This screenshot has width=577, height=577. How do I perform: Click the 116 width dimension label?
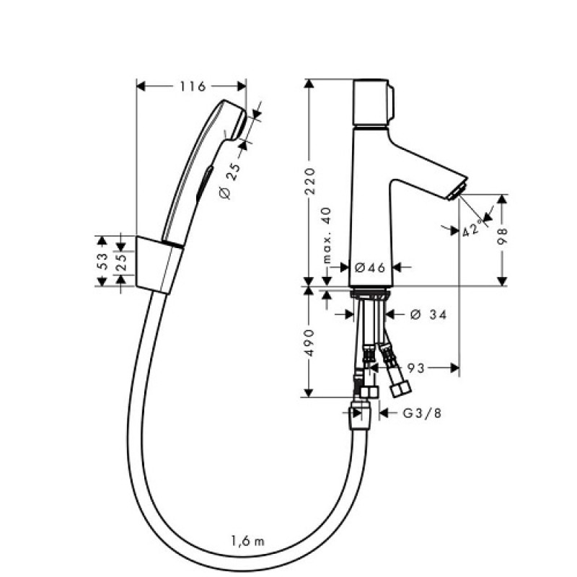point(192,87)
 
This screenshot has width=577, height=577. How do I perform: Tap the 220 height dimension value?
point(310,181)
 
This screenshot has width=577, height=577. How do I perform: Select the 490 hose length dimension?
point(310,343)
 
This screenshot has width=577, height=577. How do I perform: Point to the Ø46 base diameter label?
point(370,268)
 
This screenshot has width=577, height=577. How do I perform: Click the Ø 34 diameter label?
point(428,314)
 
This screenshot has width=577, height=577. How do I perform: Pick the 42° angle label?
point(472,228)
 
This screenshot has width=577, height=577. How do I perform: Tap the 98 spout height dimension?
point(502,236)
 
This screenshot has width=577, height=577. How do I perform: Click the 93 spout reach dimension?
point(416,368)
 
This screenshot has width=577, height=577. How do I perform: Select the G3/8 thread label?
point(422,413)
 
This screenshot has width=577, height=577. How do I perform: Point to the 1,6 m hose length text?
point(247,542)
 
